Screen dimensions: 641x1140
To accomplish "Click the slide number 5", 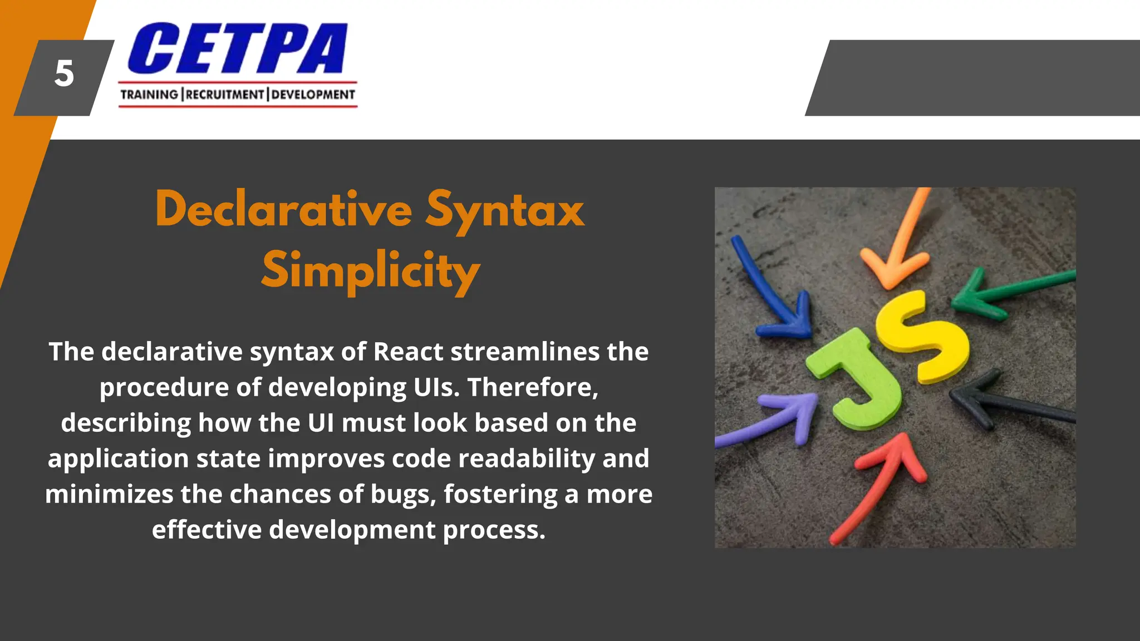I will (x=64, y=74).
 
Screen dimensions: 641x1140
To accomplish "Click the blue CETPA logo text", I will (x=238, y=49).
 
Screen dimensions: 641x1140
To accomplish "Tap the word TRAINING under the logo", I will (x=149, y=95).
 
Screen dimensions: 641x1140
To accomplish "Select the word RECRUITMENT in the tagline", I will (x=225, y=95).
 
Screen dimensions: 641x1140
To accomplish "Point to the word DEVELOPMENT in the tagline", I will (x=313, y=95).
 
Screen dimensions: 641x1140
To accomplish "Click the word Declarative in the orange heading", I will (x=284, y=210).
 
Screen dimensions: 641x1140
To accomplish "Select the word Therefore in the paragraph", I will (x=532, y=387).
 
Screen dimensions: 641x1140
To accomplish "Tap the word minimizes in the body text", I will (x=109, y=494).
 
